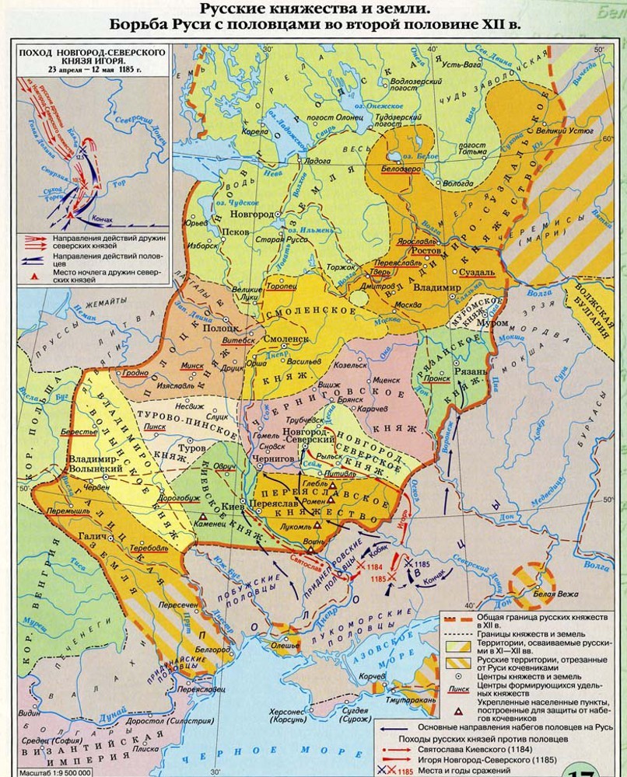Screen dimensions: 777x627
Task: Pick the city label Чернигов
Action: click(272, 459)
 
